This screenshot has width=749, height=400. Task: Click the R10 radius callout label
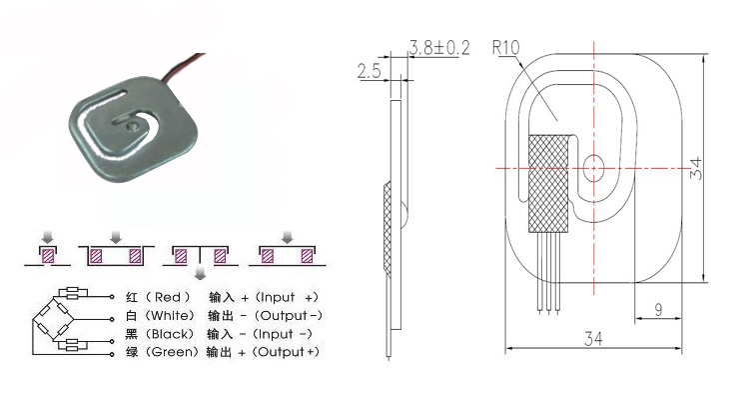(506, 47)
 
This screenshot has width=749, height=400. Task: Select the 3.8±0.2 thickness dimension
(439, 47)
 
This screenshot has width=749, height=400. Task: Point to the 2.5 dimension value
(370, 71)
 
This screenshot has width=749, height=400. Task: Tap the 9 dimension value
(659, 310)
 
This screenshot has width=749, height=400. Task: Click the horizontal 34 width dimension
(593, 339)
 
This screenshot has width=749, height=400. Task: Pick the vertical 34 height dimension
(696, 168)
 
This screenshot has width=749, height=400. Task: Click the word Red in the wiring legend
(168, 298)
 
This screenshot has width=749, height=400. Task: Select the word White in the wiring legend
(171, 316)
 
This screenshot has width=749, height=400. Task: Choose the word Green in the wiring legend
(172, 352)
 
